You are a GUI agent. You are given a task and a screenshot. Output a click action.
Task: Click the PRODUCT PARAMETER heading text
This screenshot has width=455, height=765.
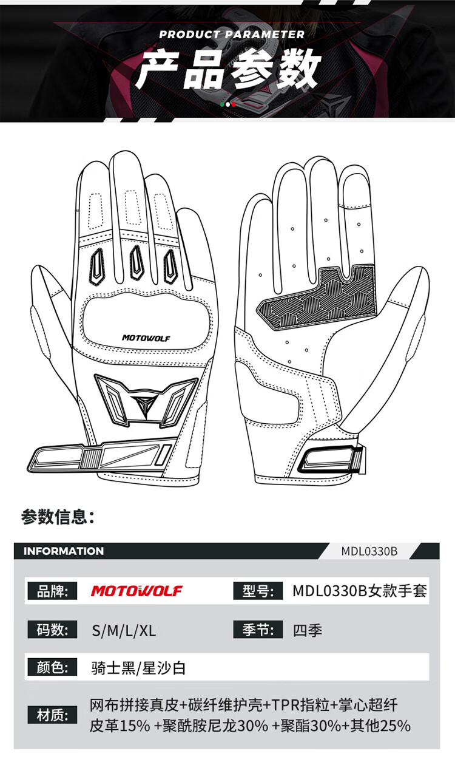pos(232,35)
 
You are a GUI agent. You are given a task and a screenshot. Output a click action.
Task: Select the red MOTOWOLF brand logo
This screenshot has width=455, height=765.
pos(136,591)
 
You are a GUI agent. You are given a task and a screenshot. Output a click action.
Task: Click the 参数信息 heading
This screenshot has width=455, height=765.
pos(58,517)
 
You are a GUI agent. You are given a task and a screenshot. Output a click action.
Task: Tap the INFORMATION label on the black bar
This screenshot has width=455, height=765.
pos(64,551)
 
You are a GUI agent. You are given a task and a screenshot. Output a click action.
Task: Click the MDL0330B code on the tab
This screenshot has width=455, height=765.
pos(369,551)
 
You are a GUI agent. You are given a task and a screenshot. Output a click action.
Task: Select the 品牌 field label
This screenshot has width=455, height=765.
pos(52,591)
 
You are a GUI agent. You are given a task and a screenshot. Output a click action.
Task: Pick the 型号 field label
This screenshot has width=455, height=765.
pos(258,591)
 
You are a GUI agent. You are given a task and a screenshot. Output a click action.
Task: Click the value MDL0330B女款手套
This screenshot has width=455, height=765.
pos(360,591)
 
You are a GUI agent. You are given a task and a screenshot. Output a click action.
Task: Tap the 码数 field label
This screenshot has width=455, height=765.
pos(52,630)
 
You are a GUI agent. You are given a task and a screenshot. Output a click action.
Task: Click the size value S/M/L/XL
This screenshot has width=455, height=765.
pos(124,630)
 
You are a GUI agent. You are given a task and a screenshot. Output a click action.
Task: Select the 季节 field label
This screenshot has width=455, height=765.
pos(258,630)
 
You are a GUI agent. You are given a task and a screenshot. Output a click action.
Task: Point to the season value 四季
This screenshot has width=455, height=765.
pos(307,630)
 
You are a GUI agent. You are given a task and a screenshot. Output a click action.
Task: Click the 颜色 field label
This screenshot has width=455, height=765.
pos(52,668)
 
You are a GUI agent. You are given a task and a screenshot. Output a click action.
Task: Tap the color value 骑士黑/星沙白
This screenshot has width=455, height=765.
pos(138,668)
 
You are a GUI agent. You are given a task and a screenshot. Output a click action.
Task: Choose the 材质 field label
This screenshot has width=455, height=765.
pos(52,715)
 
